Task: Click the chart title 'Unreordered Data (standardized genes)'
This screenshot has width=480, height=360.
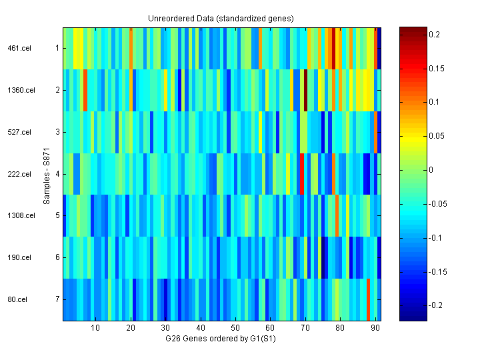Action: click(x=221, y=18)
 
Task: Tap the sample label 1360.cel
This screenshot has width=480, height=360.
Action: click(x=21, y=90)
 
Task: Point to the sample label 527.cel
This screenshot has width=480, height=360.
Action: click(x=19, y=132)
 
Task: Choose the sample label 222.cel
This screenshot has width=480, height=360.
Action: click(x=19, y=174)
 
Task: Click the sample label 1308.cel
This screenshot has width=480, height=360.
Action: click(x=21, y=216)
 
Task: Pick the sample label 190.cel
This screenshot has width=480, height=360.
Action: click(x=19, y=257)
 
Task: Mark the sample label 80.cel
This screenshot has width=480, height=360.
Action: click(x=17, y=299)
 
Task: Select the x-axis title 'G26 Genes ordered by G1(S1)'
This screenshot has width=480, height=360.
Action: click(x=221, y=339)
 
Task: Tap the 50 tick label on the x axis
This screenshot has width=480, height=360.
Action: click(x=235, y=328)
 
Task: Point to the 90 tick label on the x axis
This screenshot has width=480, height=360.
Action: click(x=375, y=328)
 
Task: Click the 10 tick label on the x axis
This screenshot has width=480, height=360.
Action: click(x=95, y=328)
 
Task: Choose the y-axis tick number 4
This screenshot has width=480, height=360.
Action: click(x=57, y=174)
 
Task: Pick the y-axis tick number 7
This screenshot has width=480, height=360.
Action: click(x=57, y=299)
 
